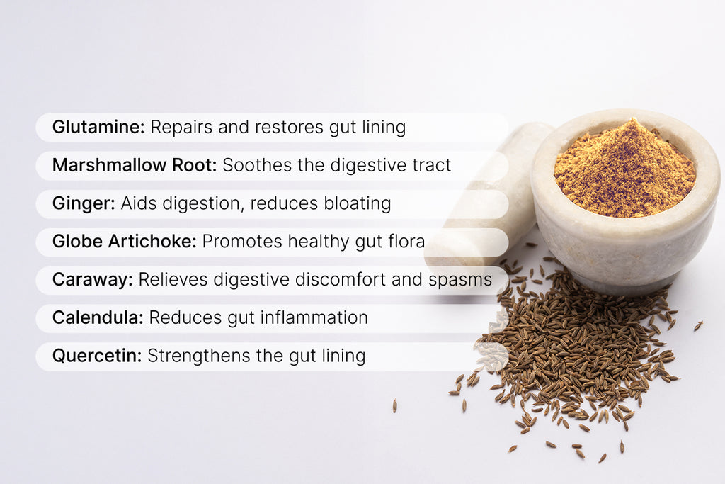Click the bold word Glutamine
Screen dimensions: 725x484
98,127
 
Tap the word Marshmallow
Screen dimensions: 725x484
110,164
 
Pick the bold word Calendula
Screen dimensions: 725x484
98,317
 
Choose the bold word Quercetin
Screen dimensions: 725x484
97,356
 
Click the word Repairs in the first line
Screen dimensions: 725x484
182,128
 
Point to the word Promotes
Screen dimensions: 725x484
242,241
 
